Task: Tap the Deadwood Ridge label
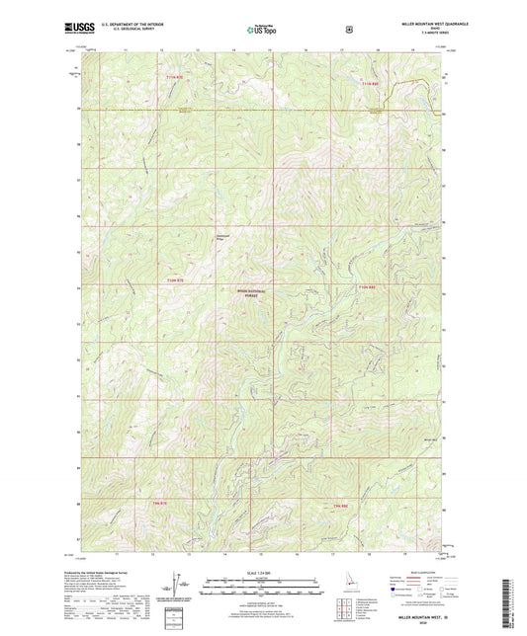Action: pos(225,236)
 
